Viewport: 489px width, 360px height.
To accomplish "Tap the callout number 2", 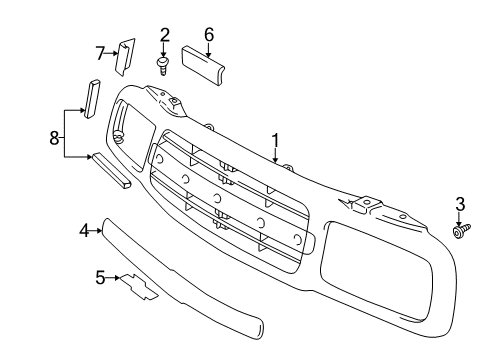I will point(164,36).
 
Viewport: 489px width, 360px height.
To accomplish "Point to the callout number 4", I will point(85,231).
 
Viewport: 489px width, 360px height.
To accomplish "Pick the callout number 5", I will point(100,277).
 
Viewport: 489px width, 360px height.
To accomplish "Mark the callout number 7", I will point(101,52).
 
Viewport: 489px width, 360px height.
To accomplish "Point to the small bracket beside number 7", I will point(126,56).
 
